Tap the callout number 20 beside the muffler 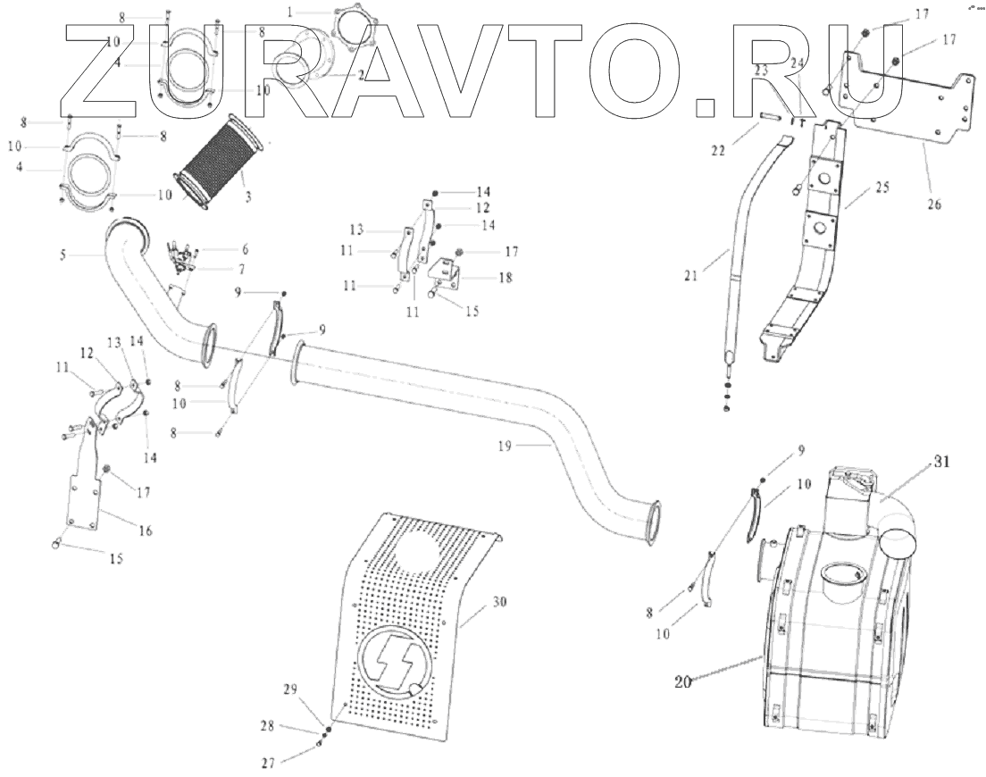(x=682, y=681)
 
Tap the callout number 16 (x=144, y=531)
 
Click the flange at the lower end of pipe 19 (x=650, y=522)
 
